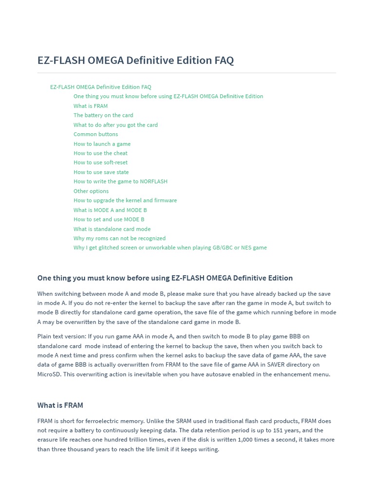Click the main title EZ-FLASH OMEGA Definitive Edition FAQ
pyautogui.click(x=135, y=60)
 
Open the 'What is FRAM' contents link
pyautogui.click(x=91, y=106)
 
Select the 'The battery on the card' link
pyautogui.click(x=103, y=115)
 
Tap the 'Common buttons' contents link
pyautogui.click(x=95, y=134)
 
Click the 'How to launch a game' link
pyautogui.click(x=102, y=144)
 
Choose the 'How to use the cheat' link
pyautogui.click(x=100, y=153)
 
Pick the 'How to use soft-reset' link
pyautogui.click(x=100, y=162)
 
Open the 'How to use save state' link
pyautogui.click(x=101, y=172)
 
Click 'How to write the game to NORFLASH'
pyautogui.click(x=120, y=181)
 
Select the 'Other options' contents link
pyautogui.click(x=91, y=191)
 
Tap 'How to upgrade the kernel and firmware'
pyautogui.click(x=125, y=200)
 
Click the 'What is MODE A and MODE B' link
pyautogui.click(x=110, y=210)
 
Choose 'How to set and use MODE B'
pyautogui.click(x=109, y=219)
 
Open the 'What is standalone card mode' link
pyautogui.click(x=112, y=229)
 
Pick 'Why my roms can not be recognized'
pyautogui.click(x=119, y=238)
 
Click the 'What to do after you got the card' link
pyautogui.click(x=115, y=125)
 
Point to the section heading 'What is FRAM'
pyautogui.click(x=60, y=405)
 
